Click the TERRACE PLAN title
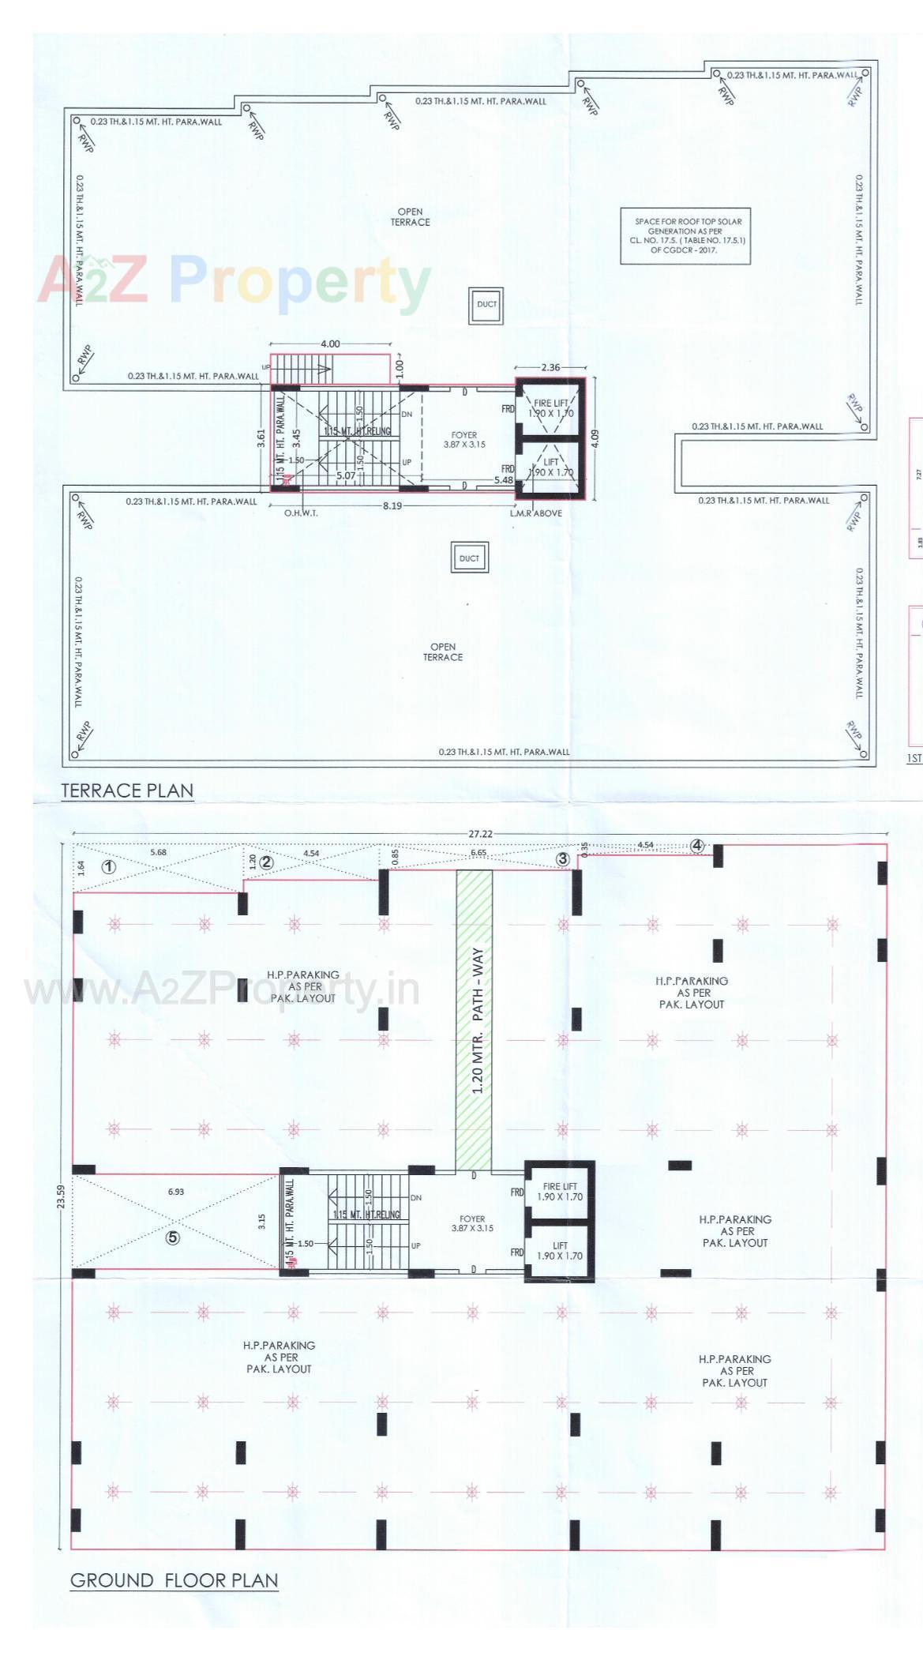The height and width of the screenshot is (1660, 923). (127, 791)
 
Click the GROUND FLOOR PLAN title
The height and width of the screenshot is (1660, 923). (174, 1580)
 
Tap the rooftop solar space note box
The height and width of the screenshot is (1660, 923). (685, 235)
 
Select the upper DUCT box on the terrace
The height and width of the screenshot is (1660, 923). (486, 304)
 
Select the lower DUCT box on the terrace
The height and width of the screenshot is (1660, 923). (469, 558)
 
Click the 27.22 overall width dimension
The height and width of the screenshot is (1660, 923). (480, 833)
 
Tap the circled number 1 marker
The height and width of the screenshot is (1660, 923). (110, 866)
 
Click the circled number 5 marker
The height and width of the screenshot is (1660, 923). (173, 1237)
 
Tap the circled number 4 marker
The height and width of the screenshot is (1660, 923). (696, 846)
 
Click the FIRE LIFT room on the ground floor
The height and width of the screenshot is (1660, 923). (560, 1192)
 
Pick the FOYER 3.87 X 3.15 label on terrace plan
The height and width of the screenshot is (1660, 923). (464, 440)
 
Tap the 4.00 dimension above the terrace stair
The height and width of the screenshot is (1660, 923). (330, 344)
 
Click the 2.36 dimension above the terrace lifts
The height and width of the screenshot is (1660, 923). (550, 367)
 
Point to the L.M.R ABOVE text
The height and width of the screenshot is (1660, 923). (536, 513)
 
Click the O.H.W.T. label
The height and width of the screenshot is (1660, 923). (301, 513)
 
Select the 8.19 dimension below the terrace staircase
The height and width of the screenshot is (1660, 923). (392, 505)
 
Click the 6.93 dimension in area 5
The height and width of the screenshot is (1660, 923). (175, 1192)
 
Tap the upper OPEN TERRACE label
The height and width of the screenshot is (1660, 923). (410, 217)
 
